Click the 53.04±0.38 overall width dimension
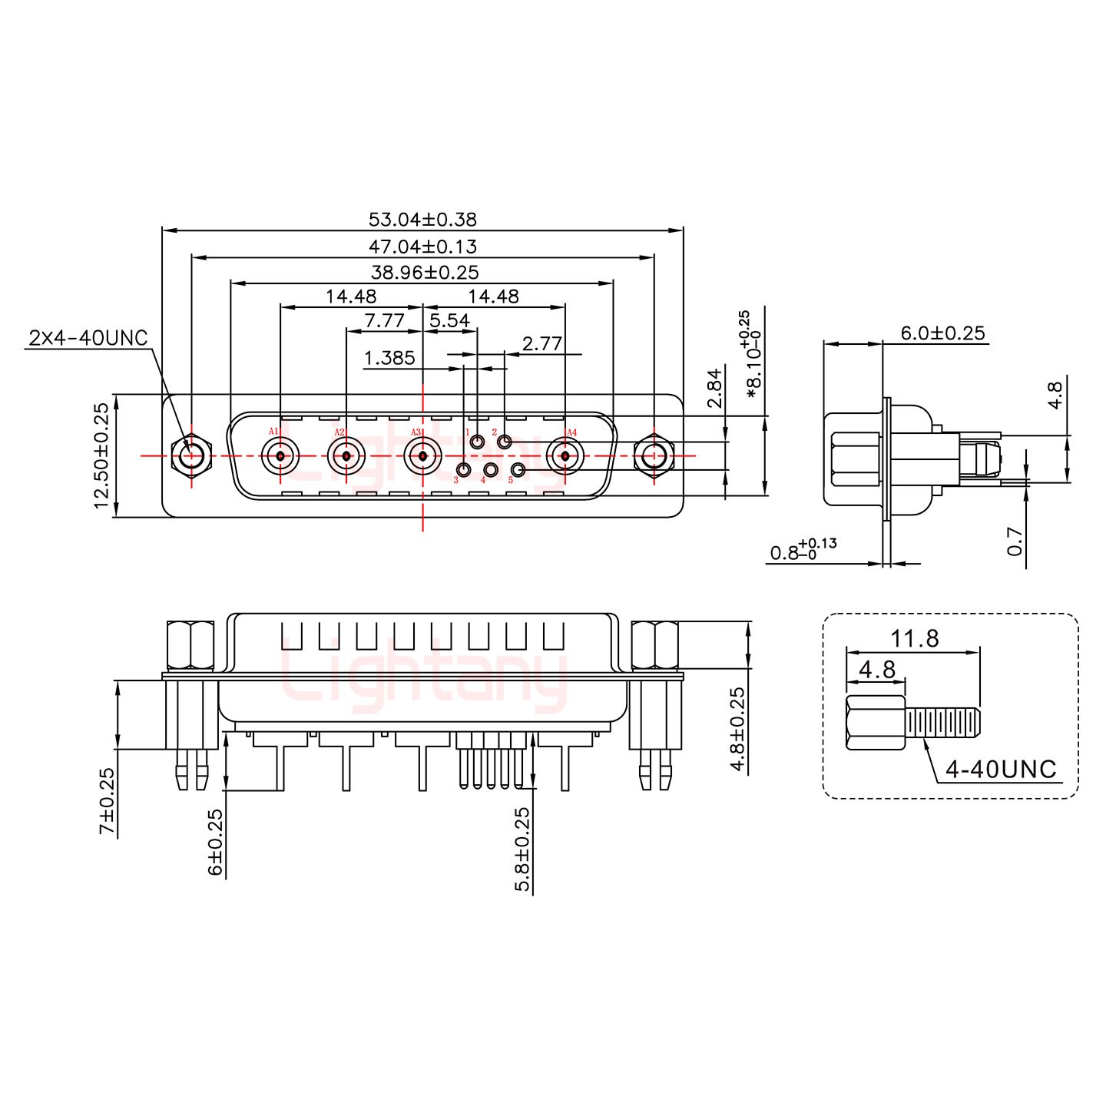pyautogui.click(x=422, y=220)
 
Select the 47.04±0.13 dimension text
pyautogui.click(x=422, y=247)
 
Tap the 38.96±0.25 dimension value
pyautogui.click(x=425, y=272)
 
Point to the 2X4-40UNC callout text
pyautogui.click(x=88, y=338)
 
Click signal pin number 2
pyautogui.click(x=505, y=442)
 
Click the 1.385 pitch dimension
pyautogui.click(x=389, y=358)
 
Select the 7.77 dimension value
pyautogui.click(x=384, y=321)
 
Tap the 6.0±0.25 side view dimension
pyautogui.click(x=942, y=333)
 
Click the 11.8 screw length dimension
pyautogui.click(x=915, y=638)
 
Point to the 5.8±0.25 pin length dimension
pyautogui.click(x=523, y=849)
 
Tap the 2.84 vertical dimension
pyautogui.click(x=715, y=391)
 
